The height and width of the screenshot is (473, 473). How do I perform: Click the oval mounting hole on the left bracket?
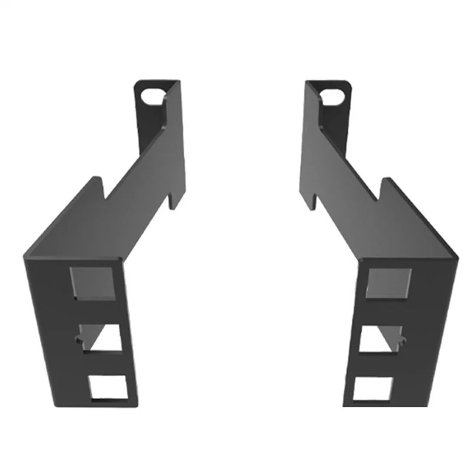[x=153, y=94]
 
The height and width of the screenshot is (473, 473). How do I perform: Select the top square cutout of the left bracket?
[x=92, y=283]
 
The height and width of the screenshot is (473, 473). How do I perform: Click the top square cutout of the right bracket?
[x=388, y=283]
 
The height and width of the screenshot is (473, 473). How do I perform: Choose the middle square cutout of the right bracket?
[x=381, y=339]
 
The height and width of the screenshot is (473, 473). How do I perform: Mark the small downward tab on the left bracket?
[x=172, y=201]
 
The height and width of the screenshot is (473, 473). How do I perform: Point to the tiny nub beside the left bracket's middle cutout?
[x=77, y=338]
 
